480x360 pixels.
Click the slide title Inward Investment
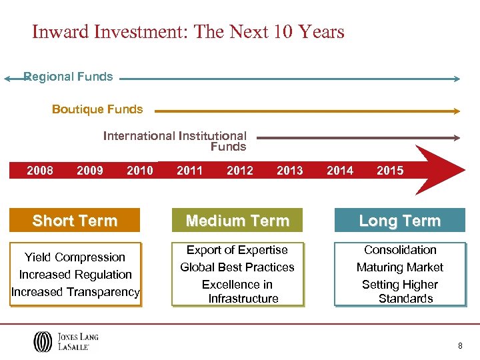coord(188,32)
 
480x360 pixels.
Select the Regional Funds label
coord(68,77)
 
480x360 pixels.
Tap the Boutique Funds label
coord(97,109)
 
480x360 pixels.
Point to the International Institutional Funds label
coord(175,141)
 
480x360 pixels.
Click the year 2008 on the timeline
coord(40,171)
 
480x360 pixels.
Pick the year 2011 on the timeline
coord(190,171)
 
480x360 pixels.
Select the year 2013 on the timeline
coord(290,171)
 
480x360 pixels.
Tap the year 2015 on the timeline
coord(390,171)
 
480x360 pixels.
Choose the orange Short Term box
coord(75,221)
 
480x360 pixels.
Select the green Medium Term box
coord(237,221)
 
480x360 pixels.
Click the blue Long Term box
coord(399,221)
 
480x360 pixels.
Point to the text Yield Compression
coord(75,257)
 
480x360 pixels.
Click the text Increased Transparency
coord(75,292)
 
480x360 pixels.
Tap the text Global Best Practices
coord(237,267)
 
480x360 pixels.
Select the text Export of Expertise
coord(237,250)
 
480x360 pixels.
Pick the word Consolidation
coord(400,250)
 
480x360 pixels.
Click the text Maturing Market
coord(400,267)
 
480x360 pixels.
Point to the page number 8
coord(460,345)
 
